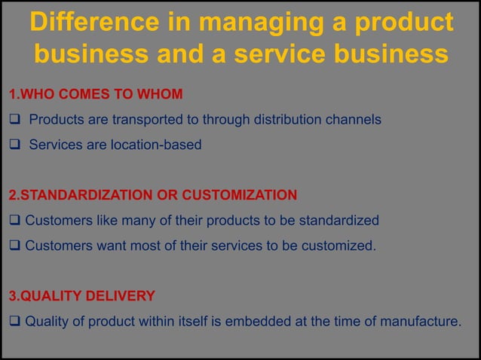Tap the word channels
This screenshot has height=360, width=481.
pos(356,120)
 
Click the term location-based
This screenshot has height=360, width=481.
pos(157,144)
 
